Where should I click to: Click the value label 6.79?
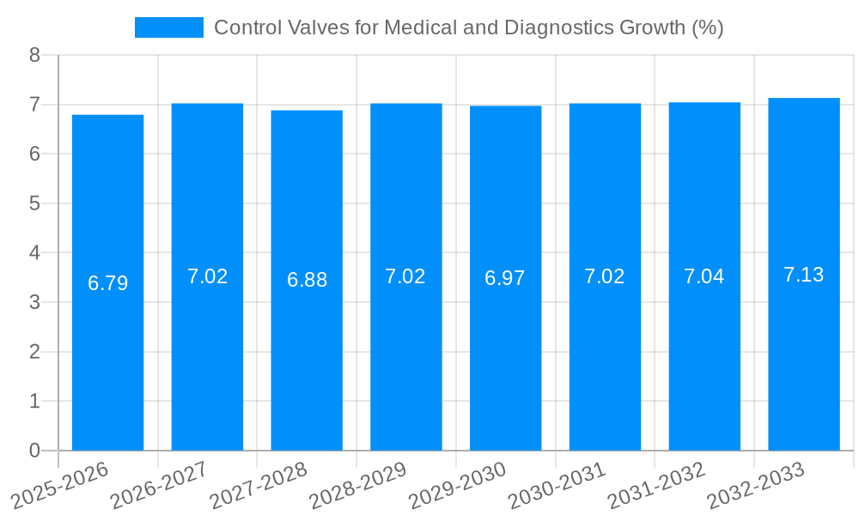pyautogui.click(x=107, y=283)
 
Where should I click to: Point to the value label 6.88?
pyautogui.click(x=307, y=280)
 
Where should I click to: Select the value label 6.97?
pyautogui.click(x=505, y=278)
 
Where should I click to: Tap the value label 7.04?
pyautogui.click(x=704, y=276)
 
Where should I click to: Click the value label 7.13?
pyautogui.click(x=803, y=275)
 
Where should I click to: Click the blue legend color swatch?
pyautogui.click(x=169, y=27)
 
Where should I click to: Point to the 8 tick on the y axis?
pyautogui.click(x=34, y=55)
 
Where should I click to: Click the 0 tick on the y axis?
pyautogui.click(x=34, y=451)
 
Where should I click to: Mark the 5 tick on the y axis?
pyautogui.click(x=34, y=203)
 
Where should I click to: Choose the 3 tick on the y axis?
pyautogui.click(x=34, y=302)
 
